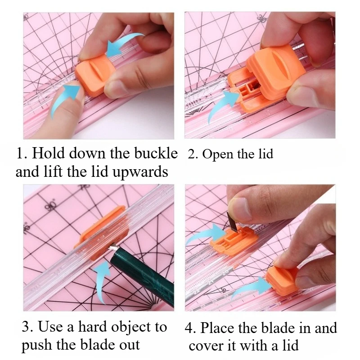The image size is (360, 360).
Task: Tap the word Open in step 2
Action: pyautogui.click(x=217, y=154)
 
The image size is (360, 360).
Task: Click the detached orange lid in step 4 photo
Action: pyautogui.click(x=281, y=279)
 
